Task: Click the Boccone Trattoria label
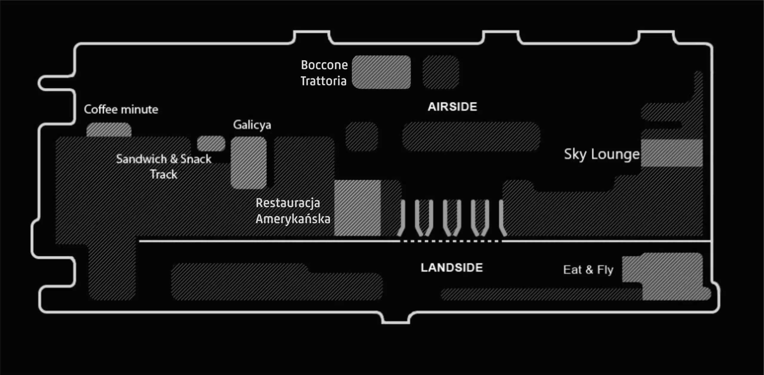click(x=324, y=73)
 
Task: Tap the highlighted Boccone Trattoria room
click(x=381, y=72)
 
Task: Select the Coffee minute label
click(x=121, y=109)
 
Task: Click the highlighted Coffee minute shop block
click(x=109, y=130)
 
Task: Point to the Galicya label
click(x=252, y=125)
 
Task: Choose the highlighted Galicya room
click(x=248, y=163)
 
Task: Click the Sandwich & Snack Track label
click(x=164, y=166)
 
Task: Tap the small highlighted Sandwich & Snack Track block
click(x=211, y=143)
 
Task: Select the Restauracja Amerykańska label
click(x=292, y=211)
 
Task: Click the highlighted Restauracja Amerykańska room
click(x=357, y=208)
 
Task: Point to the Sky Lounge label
click(x=601, y=154)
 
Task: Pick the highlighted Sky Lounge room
click(x=671, y=153)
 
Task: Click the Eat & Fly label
click(x=588, y=270)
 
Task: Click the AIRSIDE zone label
click(x=452, y=107)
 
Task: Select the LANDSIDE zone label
click(x=452, y=268)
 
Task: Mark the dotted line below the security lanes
click(x=451, y=241)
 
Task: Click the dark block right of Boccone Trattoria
click(x=441, y=72)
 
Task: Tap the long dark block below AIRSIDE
click(x=471, y=136)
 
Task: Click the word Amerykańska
click(x=293, y=219)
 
